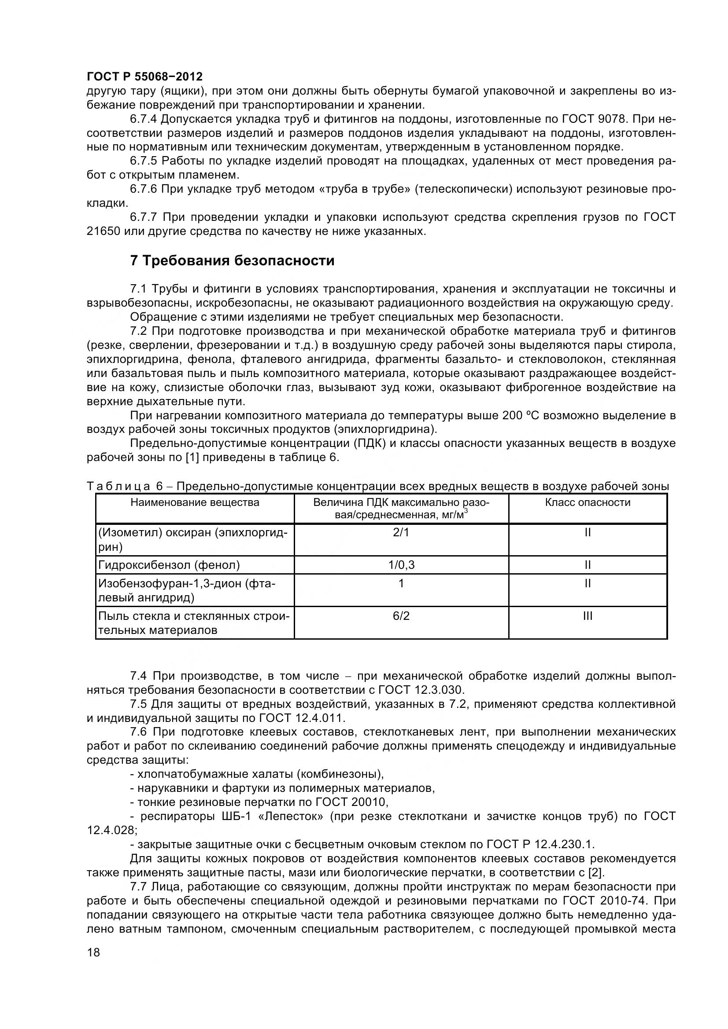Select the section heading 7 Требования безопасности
coord(232,260)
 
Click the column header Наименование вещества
coord(195,502)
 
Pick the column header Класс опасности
coord(588,502)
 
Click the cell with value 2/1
coord(401,532)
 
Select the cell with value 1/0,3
coord(401,565)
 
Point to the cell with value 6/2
coord(401,616)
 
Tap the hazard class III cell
coord(588,616)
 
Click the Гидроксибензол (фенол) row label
coord(169,565)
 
